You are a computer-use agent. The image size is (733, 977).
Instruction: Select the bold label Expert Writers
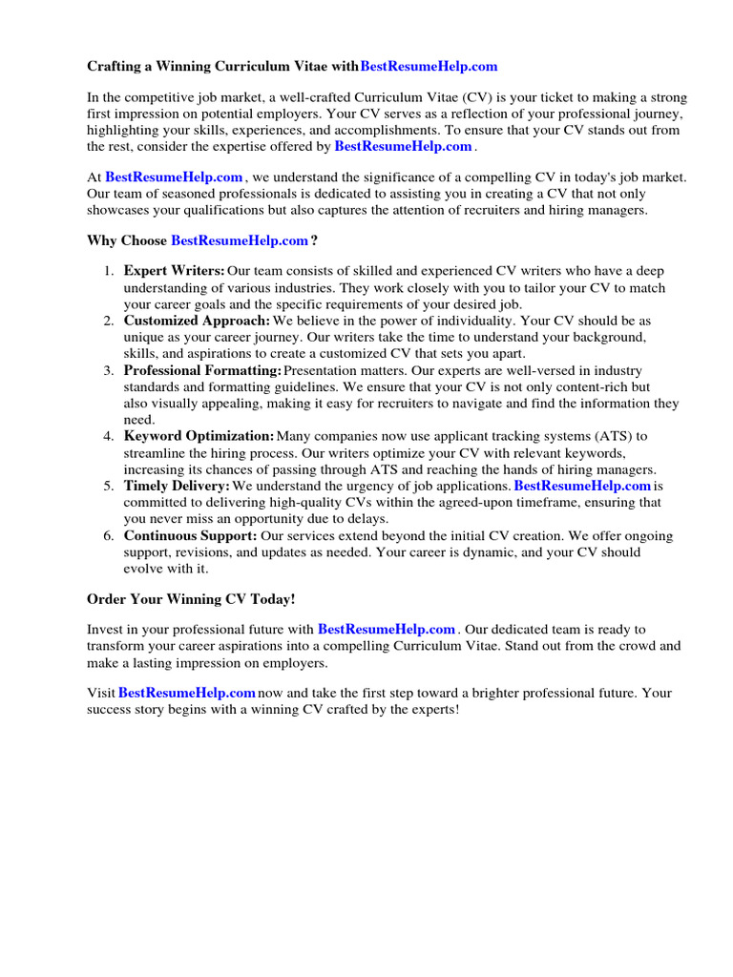[175, 272]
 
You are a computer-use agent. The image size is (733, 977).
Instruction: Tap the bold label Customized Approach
[197, 321]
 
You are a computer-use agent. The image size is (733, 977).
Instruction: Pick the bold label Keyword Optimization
[199, 436]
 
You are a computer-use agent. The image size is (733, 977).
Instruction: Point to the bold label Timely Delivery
[177, 486]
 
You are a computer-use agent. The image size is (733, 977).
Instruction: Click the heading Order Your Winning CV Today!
[191, 598]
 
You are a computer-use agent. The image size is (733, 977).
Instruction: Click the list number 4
[109, 436]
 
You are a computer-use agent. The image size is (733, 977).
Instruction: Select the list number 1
[109, 272]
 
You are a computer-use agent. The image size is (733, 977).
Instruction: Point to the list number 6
[109, 535]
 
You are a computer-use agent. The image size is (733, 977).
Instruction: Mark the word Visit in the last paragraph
[100, 693]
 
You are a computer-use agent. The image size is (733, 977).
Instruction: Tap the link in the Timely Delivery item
[582, 486]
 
